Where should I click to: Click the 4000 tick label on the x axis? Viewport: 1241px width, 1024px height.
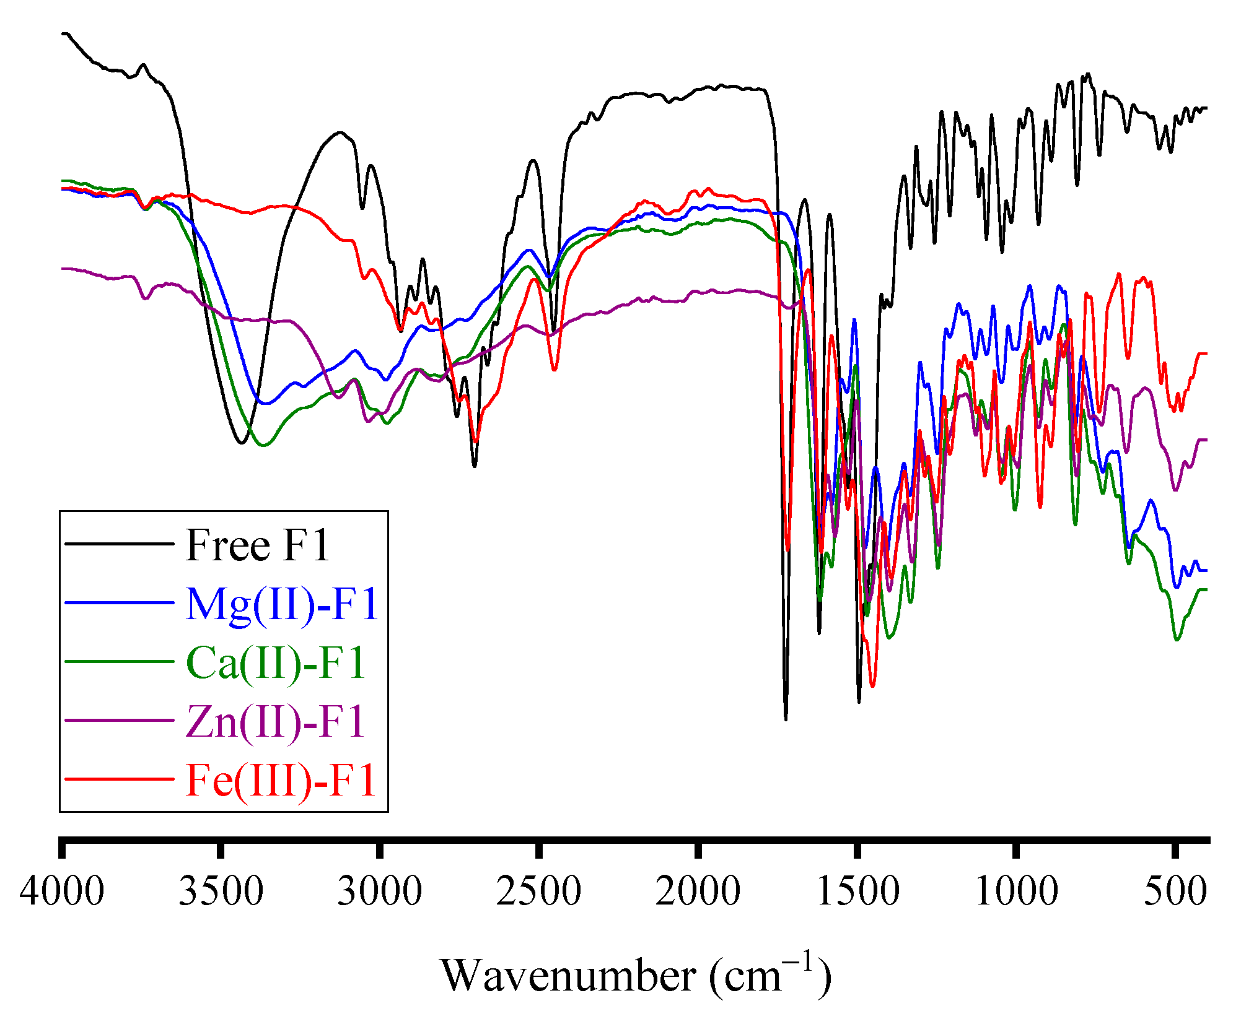click(61, 892)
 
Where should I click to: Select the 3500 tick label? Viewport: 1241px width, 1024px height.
click(221, 892)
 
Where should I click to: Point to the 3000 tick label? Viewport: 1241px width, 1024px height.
click(380, 892)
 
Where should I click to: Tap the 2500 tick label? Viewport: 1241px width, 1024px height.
click(539, 892)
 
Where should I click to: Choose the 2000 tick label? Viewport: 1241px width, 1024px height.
click(698, 892)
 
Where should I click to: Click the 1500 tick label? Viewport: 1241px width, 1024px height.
click(857, 892)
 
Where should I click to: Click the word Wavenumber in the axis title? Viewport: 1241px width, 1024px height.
click(568, 976)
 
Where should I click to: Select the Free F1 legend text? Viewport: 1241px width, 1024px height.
click(257, 546)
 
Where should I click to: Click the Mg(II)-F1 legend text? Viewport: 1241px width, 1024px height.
click(282, 604)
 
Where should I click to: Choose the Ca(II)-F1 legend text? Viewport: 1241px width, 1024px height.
click(276, 663)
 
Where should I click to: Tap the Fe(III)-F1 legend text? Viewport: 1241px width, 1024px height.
click(281, 780)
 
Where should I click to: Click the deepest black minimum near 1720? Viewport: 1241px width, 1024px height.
click(786, 719)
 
